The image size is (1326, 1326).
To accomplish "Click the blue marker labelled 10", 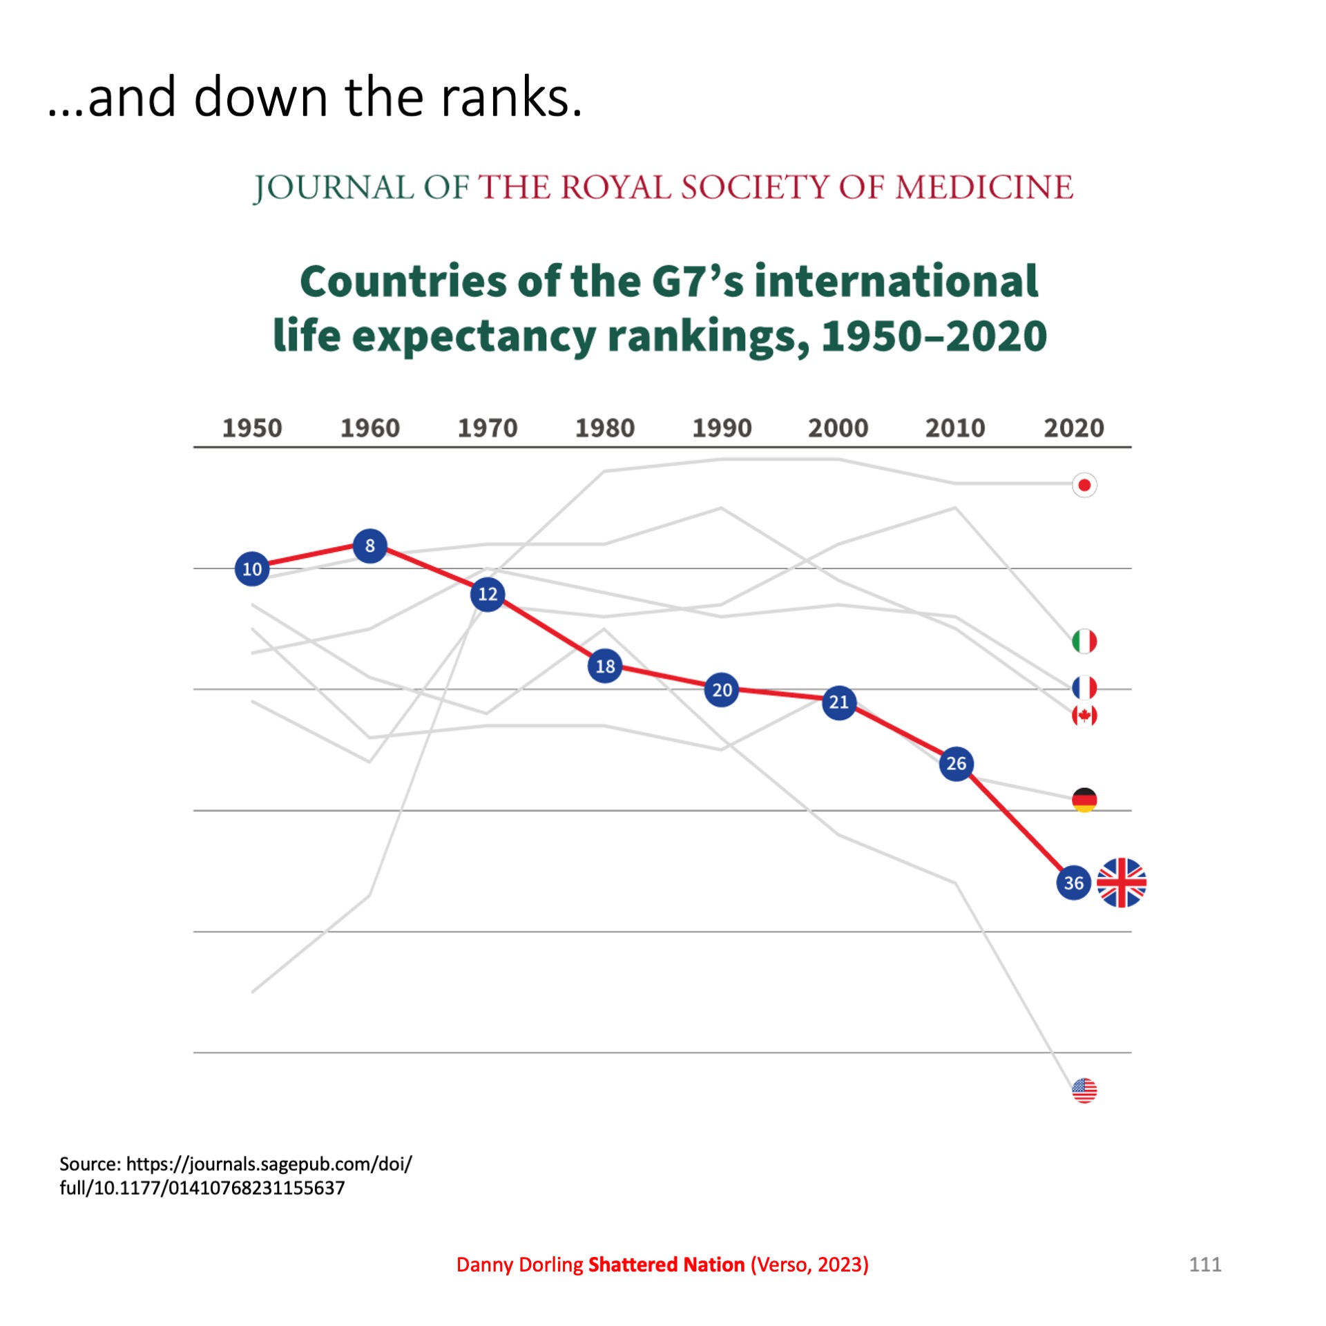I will tap(252, 569).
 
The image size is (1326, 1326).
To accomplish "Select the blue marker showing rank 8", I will tap(370, 546).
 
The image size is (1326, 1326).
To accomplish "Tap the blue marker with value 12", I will tap(488, 594).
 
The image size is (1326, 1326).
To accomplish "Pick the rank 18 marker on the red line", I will tap(605, 666).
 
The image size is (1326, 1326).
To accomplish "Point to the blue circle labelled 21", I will tap(839, 702).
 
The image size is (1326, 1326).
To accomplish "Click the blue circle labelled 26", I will tap(957, 763).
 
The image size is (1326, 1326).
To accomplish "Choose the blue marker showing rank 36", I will tap(1074, 883).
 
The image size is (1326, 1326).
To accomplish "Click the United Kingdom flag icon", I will tap(1122, 883).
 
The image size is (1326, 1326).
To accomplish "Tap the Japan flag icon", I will tap(1084, 486).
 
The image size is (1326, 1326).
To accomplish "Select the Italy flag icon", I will tap(1084, 641).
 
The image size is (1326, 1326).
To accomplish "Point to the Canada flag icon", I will tap(1084, 715).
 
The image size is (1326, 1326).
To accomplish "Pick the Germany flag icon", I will tap(1084, 800).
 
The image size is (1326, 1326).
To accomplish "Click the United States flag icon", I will tap(1084, 1090).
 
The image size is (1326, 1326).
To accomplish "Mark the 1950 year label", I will tap(252, 428).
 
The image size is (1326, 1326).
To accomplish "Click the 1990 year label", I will tap(722, 428).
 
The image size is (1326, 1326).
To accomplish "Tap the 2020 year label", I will tap(1074, 428).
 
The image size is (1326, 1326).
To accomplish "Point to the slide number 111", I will tap(1205, 1265).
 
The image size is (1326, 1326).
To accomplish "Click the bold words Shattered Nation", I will tap(666, 1265).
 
